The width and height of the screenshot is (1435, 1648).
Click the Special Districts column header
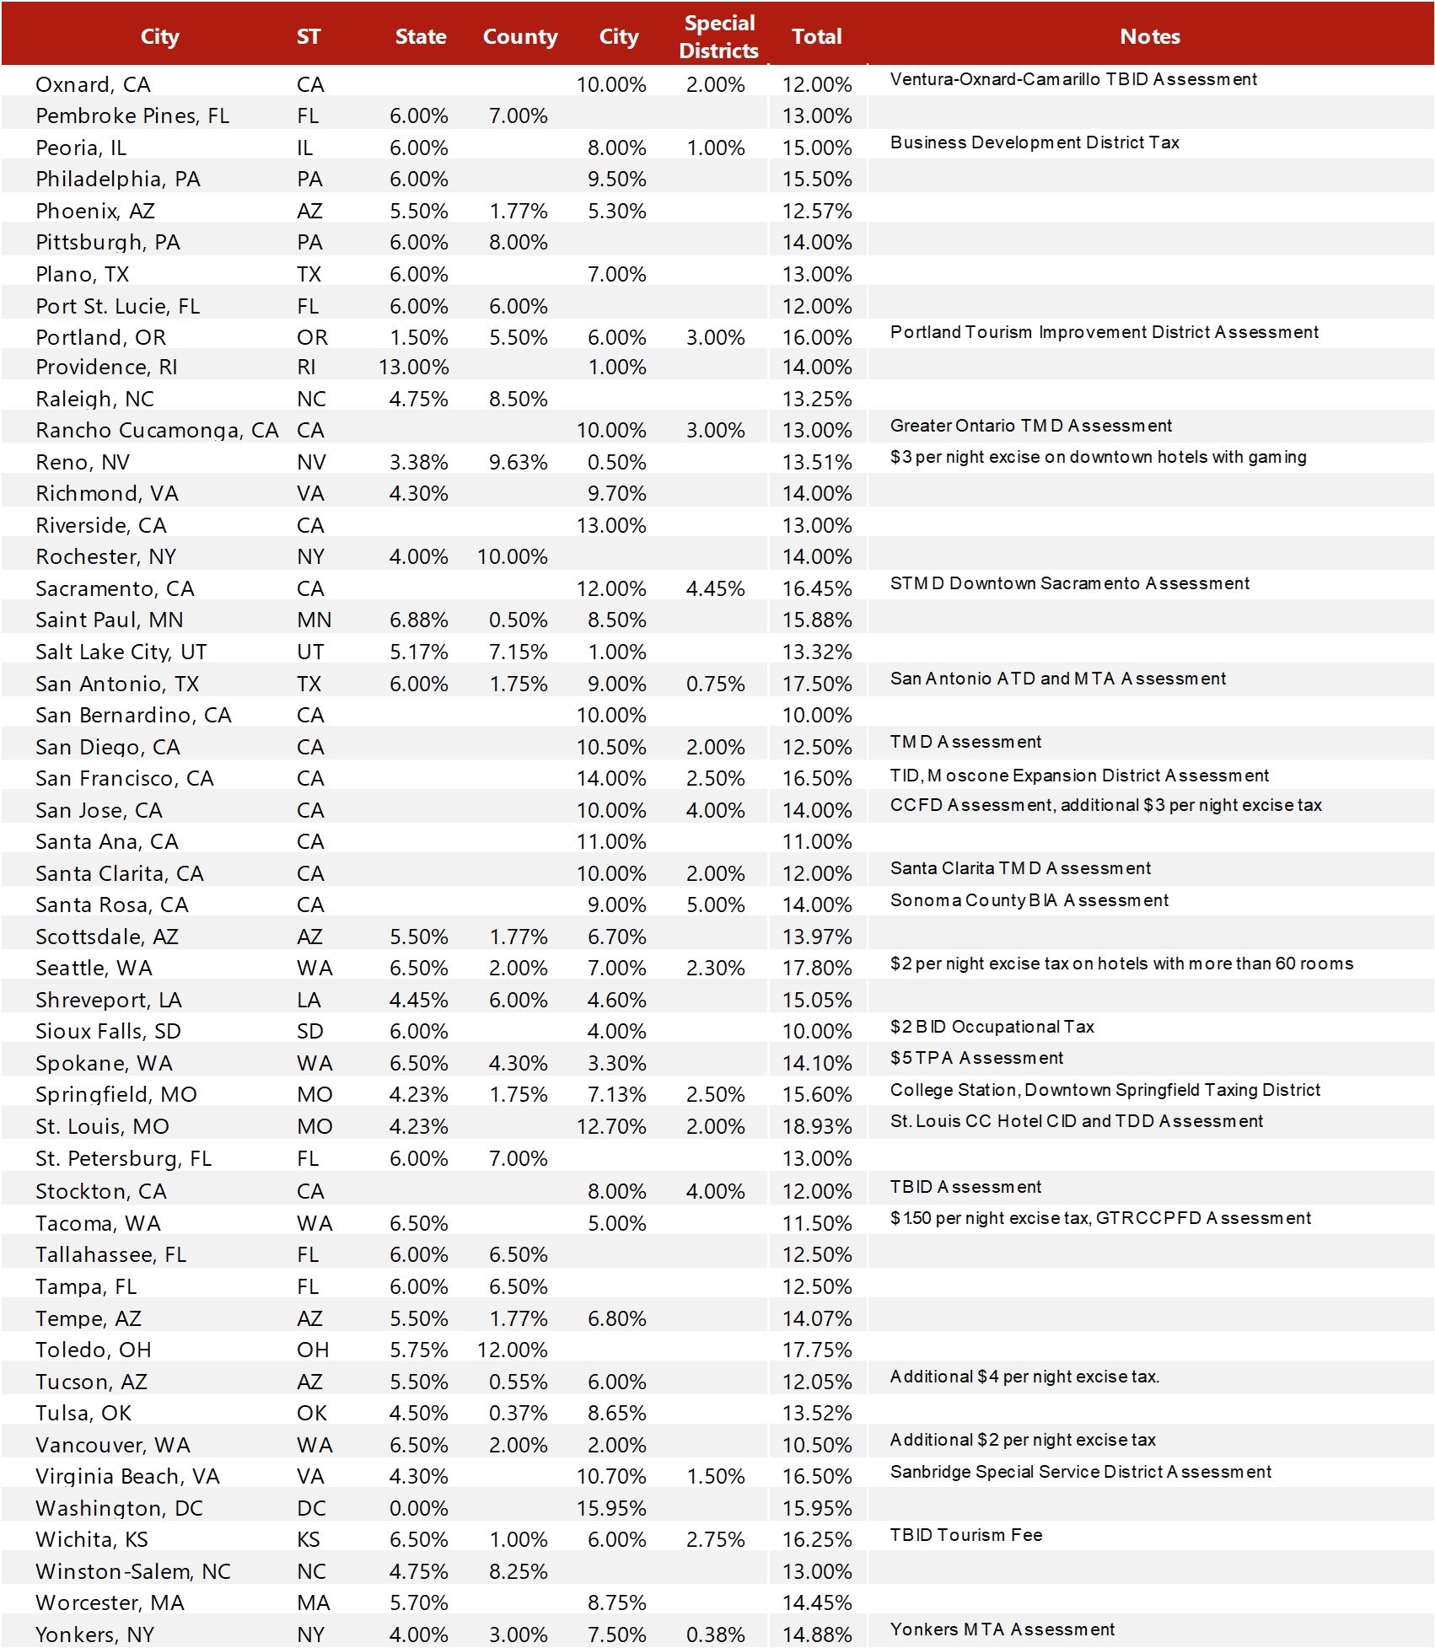pos(718,36)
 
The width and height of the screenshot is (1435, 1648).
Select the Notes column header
pos(1149,36)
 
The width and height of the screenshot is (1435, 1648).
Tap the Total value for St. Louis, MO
pos(816,1126)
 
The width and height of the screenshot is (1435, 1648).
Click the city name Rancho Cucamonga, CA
pos(157,430)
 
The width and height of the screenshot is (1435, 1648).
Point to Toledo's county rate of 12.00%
pos(512,1350)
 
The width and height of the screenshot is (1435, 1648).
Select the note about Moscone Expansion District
pos(1078,776)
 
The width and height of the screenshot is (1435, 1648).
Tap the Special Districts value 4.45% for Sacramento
pos(715,588)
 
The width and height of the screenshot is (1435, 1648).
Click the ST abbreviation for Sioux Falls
pos(309,1031)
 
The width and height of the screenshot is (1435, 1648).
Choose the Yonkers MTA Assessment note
pos(1002,1629)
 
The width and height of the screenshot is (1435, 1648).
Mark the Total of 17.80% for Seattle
pos(816,968)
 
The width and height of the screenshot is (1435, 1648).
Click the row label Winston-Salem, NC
pos(132,1571)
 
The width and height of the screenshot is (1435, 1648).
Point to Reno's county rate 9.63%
pos(518,462)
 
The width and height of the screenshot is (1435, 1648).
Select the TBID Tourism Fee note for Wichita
pos(965,1535)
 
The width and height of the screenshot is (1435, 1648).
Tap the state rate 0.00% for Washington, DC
pos(418,1508)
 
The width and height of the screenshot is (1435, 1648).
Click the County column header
pos(519,36)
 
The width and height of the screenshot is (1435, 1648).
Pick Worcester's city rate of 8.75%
pos(616,1602)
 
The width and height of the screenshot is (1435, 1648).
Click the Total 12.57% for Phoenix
pos(816,211)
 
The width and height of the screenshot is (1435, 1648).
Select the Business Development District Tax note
pos(1034,142)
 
